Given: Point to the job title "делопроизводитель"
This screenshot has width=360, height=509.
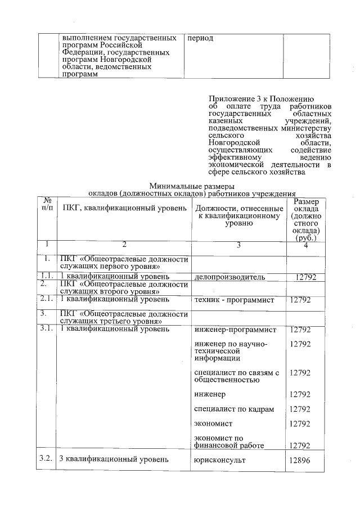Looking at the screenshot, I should pos(229,277).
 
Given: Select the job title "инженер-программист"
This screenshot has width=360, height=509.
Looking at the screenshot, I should pos(235,330).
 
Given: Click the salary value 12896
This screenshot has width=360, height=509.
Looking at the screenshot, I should pos(300,460).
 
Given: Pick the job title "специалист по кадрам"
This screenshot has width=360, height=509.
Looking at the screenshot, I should pos(233,409).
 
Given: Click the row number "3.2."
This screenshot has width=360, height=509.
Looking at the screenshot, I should pos(47,459).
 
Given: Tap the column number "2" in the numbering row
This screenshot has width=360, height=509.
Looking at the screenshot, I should pos(124,245).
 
